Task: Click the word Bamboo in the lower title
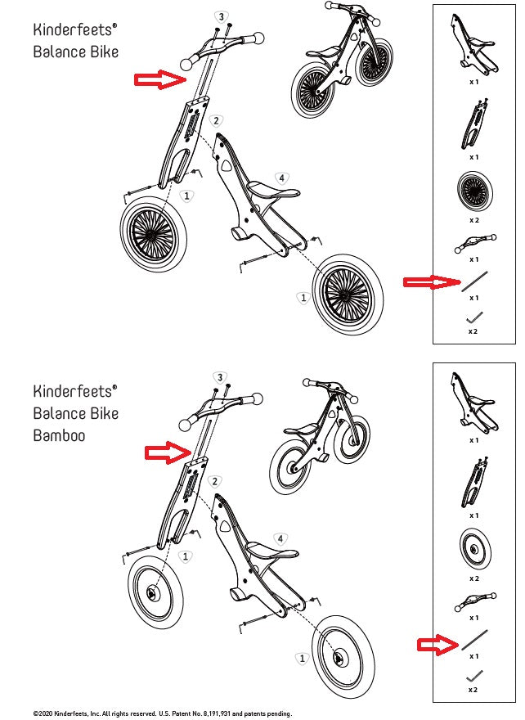(59, 435)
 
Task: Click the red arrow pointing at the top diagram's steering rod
(159, 79)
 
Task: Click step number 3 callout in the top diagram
(220, 16)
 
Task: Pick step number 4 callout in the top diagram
(280, 178)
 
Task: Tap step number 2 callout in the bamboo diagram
(214, 482)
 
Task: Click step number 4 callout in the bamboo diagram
(280, 539)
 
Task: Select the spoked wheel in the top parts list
(473, 192)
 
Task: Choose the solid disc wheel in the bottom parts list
(473, 549)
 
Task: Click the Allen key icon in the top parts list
(473, 315)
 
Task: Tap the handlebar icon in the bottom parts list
(473, 602)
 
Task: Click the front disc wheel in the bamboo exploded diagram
(153, 591)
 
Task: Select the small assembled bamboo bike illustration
(321, 434)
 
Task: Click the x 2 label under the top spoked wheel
(473, 220)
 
